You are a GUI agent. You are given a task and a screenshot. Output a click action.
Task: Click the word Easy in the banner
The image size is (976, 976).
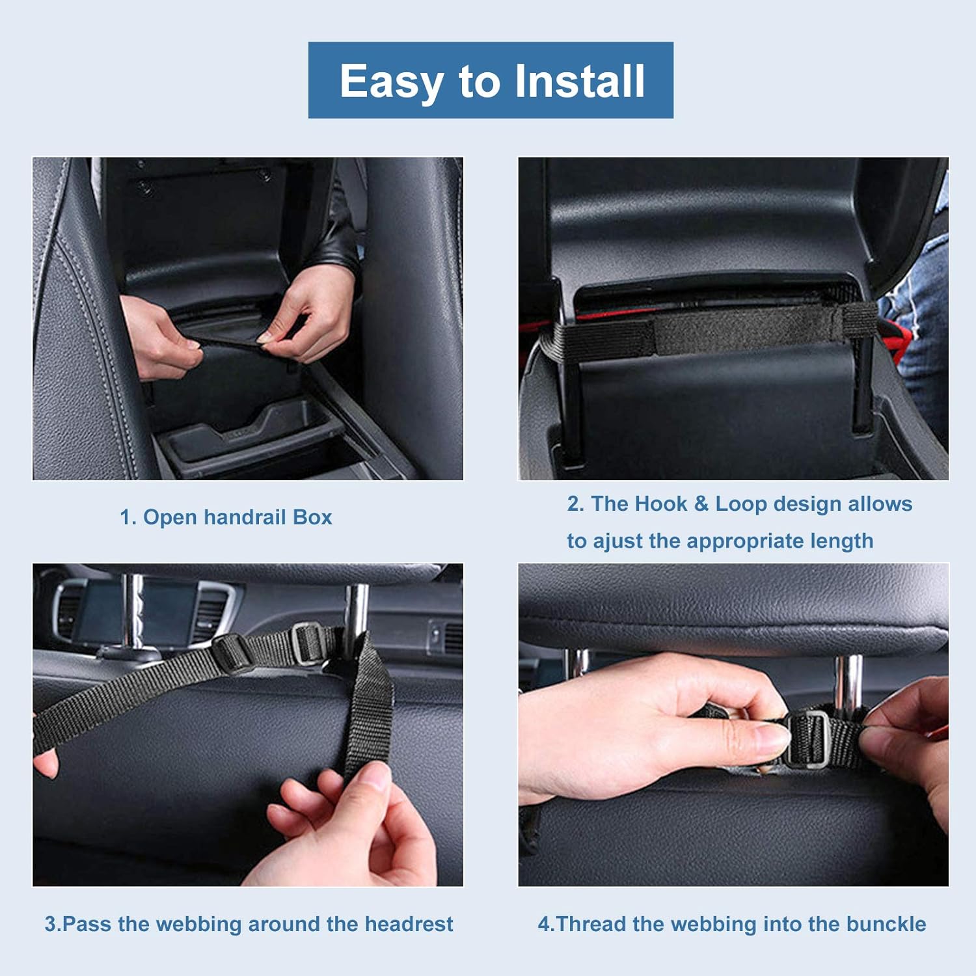point(390,81)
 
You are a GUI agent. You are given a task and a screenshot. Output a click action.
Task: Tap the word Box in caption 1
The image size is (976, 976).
point(312,517)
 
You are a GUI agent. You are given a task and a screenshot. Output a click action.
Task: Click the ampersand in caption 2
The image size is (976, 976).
point(701,504)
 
